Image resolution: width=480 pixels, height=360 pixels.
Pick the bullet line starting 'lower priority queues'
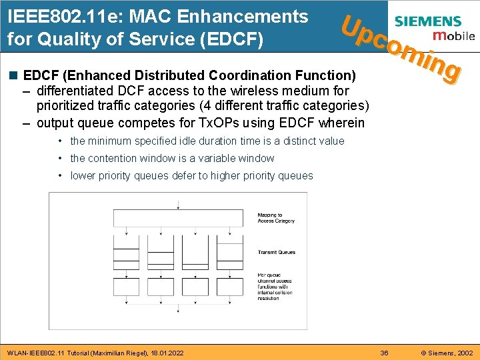[191, 175]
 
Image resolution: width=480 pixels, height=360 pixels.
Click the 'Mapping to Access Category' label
[275, 218]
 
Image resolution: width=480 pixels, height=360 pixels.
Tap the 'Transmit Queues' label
[276, 253]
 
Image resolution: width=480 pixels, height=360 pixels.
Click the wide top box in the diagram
[178, 219]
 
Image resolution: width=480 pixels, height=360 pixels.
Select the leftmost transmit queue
[126, 257]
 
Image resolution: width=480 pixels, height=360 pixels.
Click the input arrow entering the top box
[178, 205]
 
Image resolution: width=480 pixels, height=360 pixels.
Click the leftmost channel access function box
[126, 284]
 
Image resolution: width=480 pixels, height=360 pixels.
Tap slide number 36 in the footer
[383, 353]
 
